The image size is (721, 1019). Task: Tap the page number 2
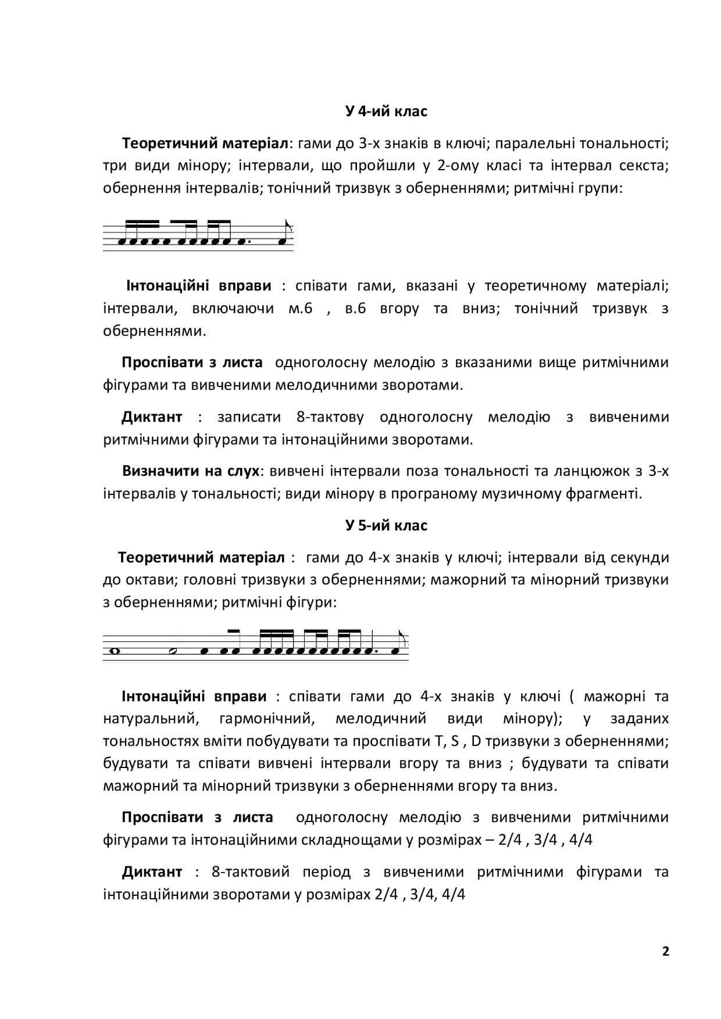click(x=666, y=951)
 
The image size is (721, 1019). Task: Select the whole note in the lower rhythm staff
click(x=115, y=651)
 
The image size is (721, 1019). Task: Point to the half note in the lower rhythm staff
click(x=173, y=651)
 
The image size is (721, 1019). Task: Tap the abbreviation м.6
click(x=300, y=308)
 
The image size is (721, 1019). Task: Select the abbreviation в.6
click(x=355, y=308)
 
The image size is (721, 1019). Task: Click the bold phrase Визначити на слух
click(x=190, y=471)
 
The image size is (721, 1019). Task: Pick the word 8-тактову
click(x=330, y=417)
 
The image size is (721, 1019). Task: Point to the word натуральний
click(x=151, y=719)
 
